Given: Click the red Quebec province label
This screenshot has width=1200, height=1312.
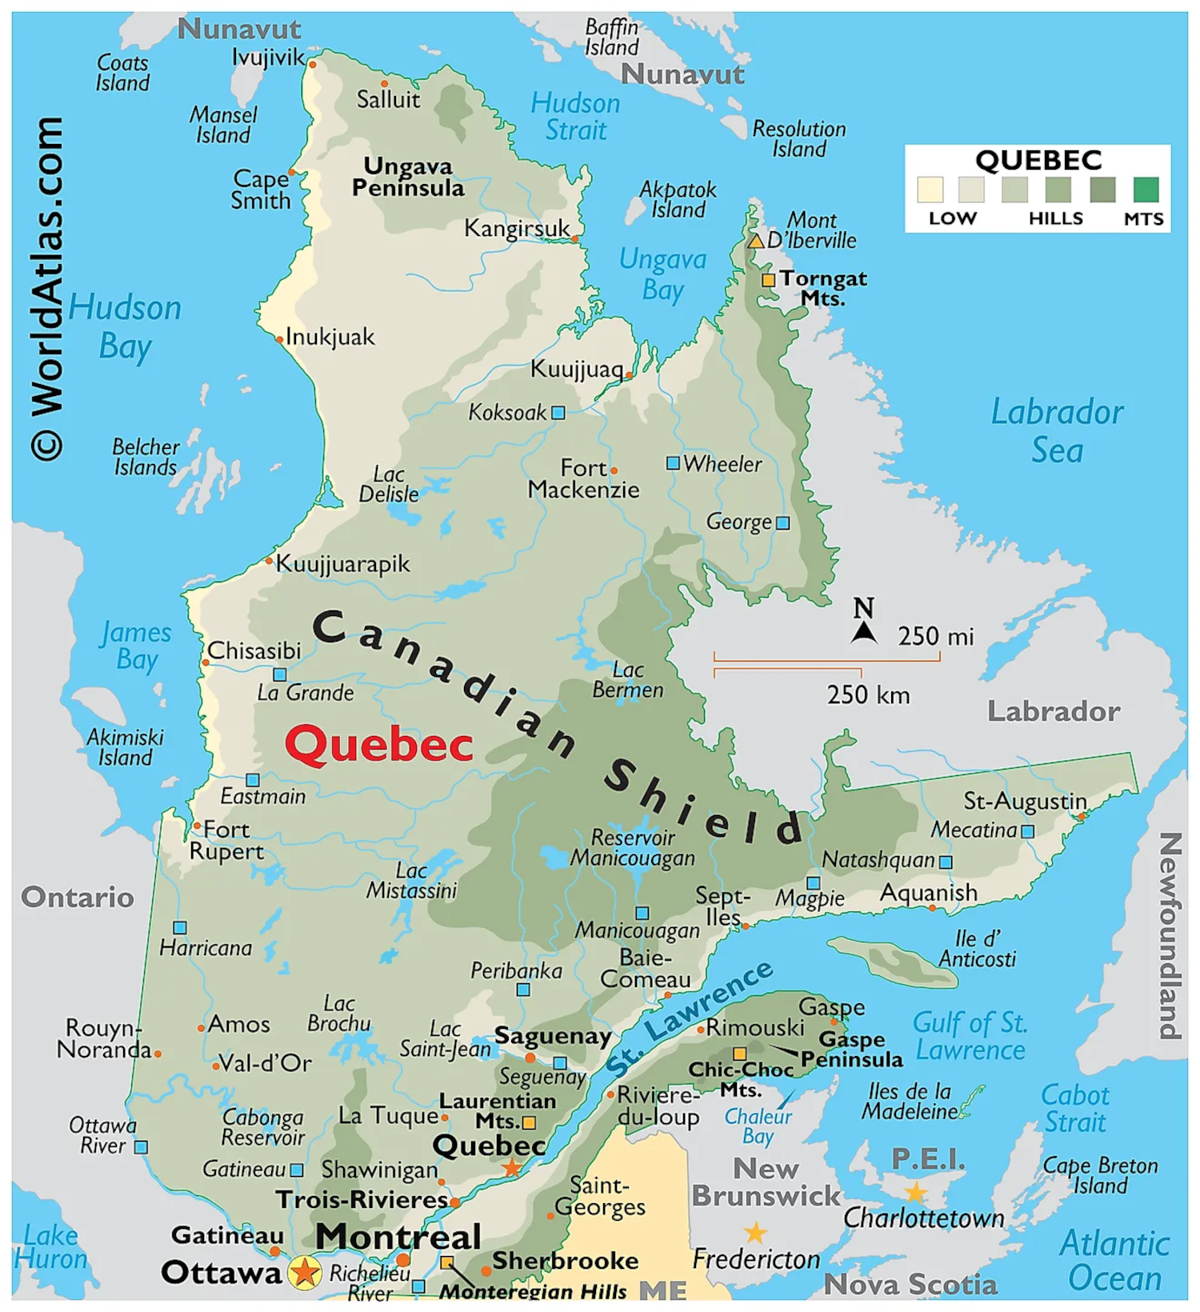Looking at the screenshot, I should click(x=378, y=745).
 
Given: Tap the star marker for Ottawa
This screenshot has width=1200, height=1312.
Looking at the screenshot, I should click(x=305, y=1272).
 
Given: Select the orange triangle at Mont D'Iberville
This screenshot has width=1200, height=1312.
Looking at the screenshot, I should click(x=755, y=241).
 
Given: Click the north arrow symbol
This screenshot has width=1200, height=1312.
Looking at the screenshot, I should click(x=863, y=632).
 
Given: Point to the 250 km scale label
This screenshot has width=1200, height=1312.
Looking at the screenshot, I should click(x=868, y=694).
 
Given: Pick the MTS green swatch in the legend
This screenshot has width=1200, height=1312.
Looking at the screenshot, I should click(x=1146, y=190).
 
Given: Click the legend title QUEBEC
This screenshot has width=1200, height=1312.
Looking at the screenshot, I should click(x=1038, y=161).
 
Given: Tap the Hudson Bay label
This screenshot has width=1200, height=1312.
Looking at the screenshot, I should click(x=124, y=326).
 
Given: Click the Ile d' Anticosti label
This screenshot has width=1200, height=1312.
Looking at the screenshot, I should click(x=977, y=948).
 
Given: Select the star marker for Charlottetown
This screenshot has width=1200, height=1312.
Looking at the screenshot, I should click(x=914, y=1193).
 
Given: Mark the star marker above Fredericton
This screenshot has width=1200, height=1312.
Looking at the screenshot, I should click(x=754, y=1232).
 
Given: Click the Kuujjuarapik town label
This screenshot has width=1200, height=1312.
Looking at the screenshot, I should click(x=342, y=564).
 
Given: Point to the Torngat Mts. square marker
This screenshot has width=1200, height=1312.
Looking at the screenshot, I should click(x=768, y=280).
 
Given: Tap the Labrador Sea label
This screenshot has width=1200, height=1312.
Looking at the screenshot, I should click(x=1056, y=430).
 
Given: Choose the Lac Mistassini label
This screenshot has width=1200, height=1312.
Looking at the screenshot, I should click(x=411, y=880).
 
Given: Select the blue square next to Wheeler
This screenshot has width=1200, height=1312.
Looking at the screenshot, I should click(x=673, y=463).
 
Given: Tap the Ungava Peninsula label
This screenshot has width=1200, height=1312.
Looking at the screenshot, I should click(x=408, y=177).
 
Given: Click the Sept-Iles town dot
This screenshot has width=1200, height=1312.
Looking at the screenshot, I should click(x=745, y=926).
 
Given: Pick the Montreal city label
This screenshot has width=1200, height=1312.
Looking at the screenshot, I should click(x=398, y=1236).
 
